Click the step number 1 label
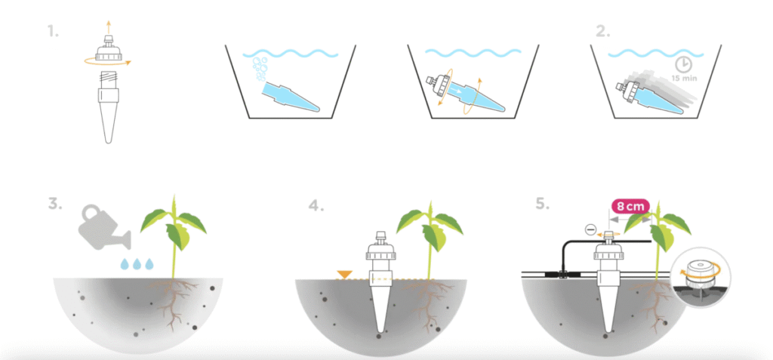tap(53, 32)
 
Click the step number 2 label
tap(603, 32)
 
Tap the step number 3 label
tap(55, 204)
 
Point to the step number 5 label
tap(542, 204)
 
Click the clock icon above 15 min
tap(683, 65)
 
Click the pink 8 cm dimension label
tap(630, 207)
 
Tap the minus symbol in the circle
tap(591, 229)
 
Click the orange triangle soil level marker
tap(343, 274)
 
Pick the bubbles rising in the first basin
tap(260, 69)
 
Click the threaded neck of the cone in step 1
tap(109, 79)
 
